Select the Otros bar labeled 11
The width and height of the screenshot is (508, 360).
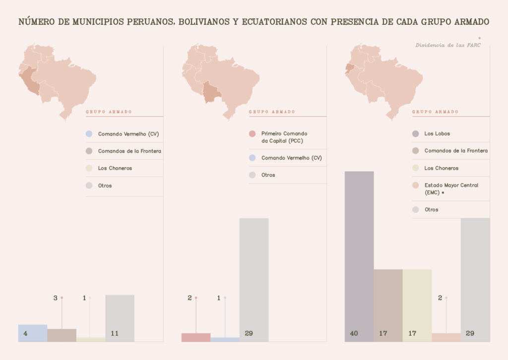[x=120, y=318]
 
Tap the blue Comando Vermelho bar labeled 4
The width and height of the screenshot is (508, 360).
[x=33, y=333]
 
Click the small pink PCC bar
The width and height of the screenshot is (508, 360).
[x=196, y=337]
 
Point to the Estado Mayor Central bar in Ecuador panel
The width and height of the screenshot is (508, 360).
[x=446, y=337]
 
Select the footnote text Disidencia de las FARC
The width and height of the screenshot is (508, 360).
[x=447, y=45]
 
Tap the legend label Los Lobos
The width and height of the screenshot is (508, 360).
[x=437, y=134]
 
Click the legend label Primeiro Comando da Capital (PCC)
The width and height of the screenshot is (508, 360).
[x=284, y=137]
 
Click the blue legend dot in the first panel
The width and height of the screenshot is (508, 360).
[x=89, y=134]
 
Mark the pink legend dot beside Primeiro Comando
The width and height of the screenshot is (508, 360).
[x=252, y=134]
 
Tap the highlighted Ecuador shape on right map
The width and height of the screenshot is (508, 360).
[x=350, y=69]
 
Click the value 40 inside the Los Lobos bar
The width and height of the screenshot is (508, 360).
[x=354, y=333]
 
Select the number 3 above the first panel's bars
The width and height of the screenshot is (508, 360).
[x=56, y=298]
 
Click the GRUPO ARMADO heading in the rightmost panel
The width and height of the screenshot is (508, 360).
[x=435, y=112]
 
